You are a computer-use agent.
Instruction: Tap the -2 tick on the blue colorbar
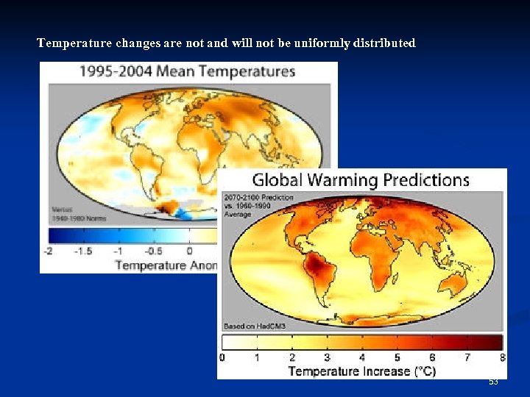click(x=49, y=251)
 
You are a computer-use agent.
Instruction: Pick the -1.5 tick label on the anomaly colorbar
click(x=82, y=251)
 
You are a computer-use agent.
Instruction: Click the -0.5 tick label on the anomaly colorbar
click(x=152, y=251)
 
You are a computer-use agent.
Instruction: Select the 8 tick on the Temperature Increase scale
click(x=503, y=357)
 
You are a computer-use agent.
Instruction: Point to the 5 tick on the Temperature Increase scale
click(x=397, y=357)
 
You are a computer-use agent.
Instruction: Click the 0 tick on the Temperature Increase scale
click(x=222, y=357)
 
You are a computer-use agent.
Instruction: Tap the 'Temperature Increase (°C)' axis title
click(x=361, y=371)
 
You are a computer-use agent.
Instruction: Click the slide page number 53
click(x=493, y=382)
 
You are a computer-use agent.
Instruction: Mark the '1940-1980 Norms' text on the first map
click(x=79, y=218)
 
